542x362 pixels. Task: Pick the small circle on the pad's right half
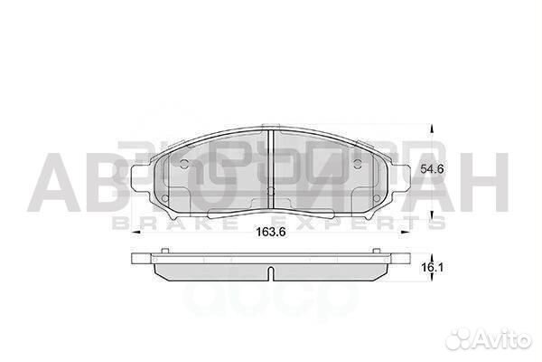[360, 165]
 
